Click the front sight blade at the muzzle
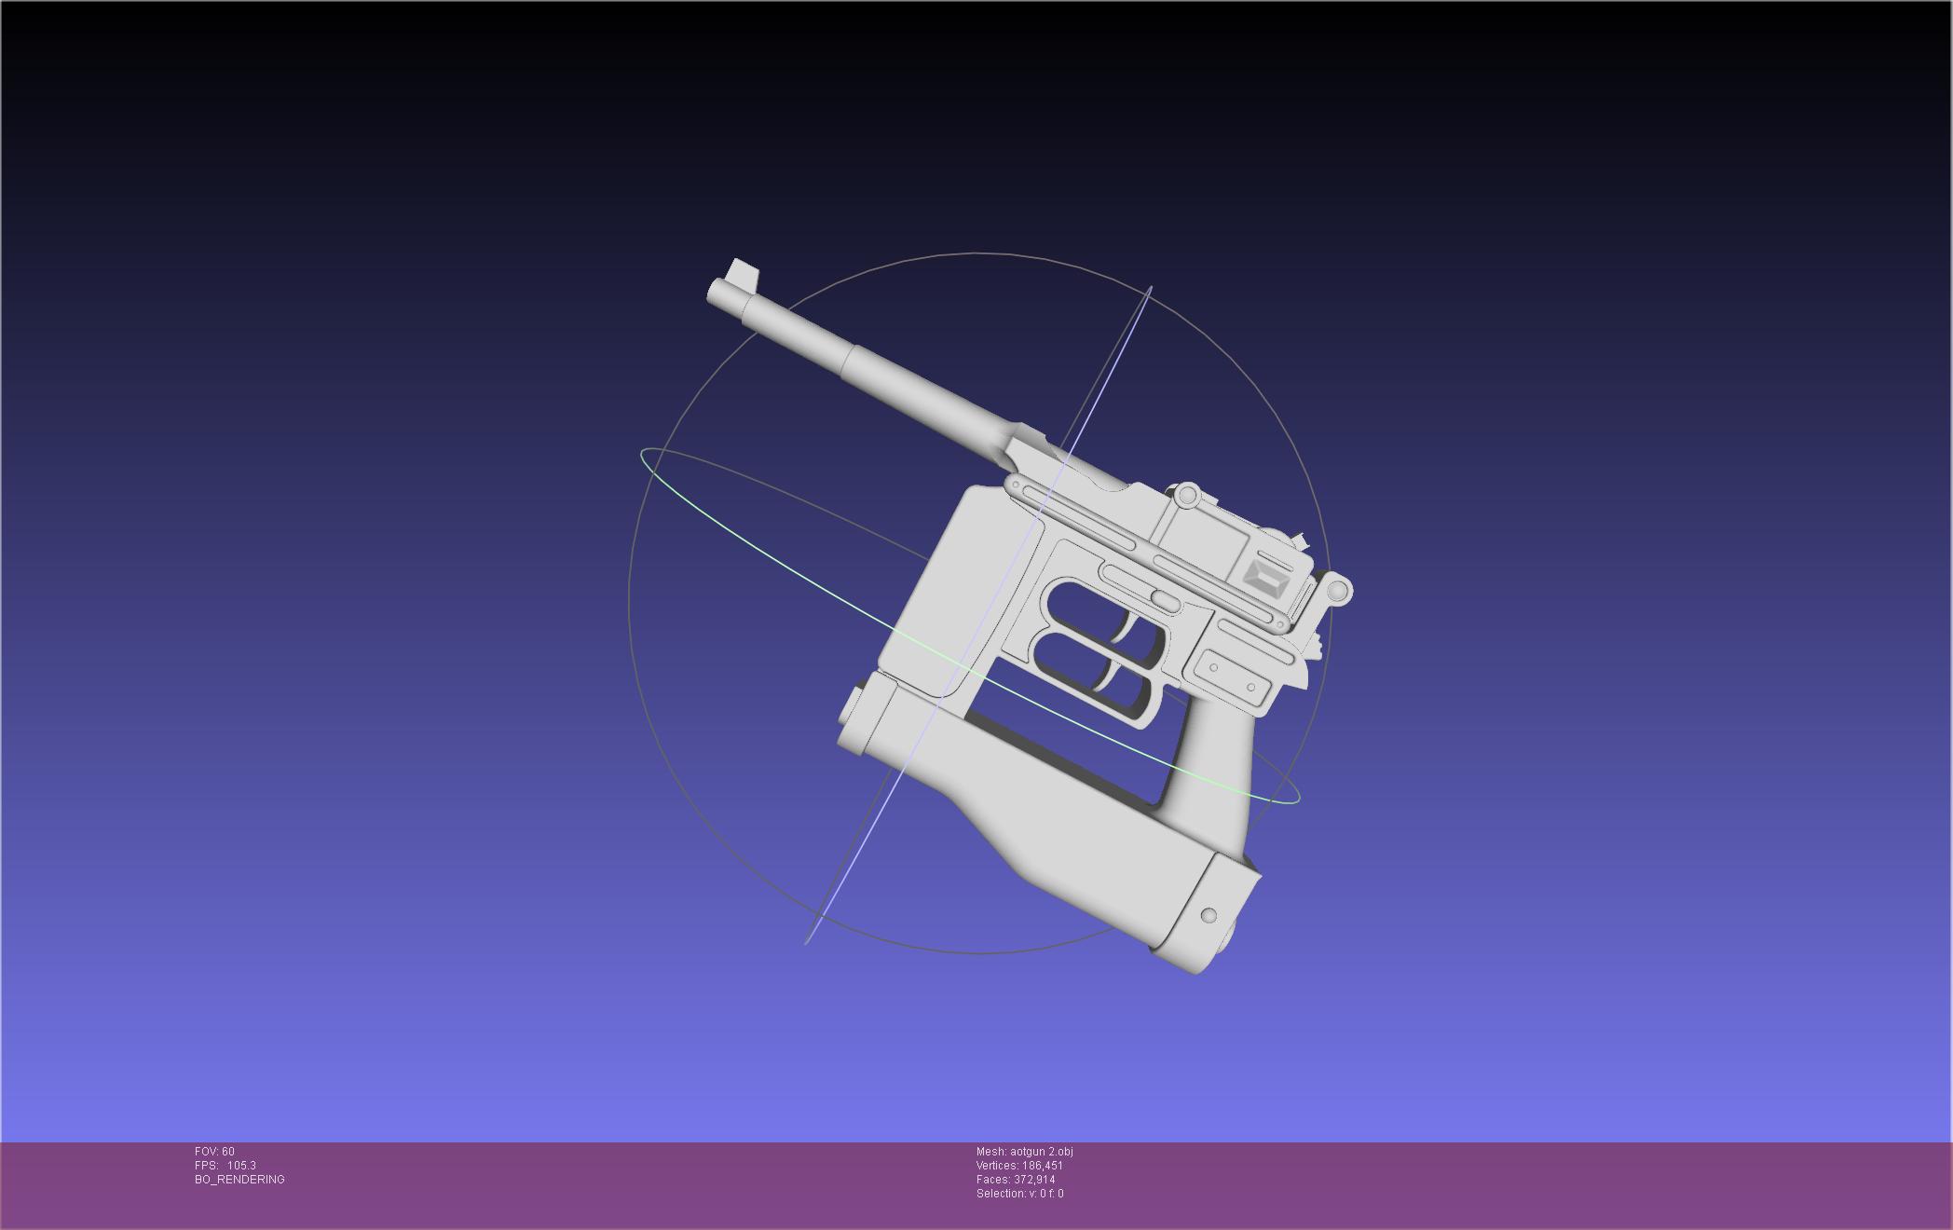tap(744, 274)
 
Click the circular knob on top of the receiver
tap(1186, 496)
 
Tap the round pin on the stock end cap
tap(1209, 915)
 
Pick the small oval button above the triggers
tap(1165, 599)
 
